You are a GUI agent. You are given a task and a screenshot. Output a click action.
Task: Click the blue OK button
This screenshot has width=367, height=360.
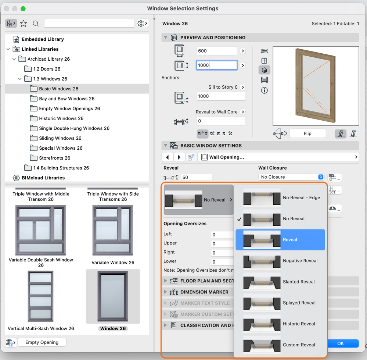point(341,343)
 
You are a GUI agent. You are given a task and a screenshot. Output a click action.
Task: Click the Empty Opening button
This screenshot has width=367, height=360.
point(42,342)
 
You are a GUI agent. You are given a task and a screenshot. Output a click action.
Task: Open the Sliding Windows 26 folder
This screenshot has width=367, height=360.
point(60,138)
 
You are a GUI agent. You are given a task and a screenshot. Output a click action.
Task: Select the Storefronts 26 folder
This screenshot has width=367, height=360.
point(54,158)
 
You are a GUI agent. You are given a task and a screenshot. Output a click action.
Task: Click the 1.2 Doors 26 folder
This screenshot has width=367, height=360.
point(47,69)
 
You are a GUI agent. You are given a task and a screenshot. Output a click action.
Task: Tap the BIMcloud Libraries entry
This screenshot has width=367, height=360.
point(43,178)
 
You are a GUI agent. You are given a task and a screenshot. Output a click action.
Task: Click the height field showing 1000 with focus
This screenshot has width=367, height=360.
point(216,65)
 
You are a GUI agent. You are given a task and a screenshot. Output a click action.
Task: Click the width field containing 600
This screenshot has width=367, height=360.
point(216,51)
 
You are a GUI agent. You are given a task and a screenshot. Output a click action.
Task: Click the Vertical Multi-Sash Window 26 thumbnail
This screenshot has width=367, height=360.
point(40,296)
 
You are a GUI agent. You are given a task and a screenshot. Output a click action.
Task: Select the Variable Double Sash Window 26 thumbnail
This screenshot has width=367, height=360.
point(40,230)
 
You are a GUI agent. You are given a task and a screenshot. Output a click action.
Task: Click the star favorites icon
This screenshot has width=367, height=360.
point(24,24)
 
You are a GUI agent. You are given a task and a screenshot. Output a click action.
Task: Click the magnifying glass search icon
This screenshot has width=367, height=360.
point(36,24)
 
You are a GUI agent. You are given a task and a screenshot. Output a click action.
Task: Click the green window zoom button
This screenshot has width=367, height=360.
point(23,8)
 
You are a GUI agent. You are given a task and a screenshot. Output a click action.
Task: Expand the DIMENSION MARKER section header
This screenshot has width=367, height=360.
point(204,292)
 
